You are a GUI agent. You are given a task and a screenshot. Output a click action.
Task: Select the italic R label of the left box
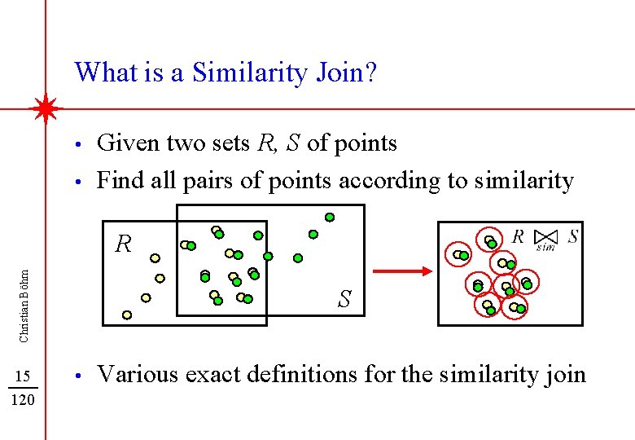[x=123, y=244]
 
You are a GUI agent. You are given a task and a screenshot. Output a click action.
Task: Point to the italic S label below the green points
[x=344, y=300]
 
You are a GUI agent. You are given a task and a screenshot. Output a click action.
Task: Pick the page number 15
[x=24, y=376]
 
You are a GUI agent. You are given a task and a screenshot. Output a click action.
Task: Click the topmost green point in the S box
[x=330, y=218]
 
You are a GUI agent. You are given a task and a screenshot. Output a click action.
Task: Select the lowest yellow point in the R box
[x=127, y=314]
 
